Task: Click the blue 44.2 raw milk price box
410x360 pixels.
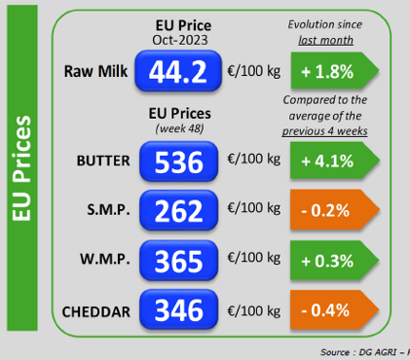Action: coord(178,71)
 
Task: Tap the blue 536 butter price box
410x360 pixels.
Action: coord(179,162)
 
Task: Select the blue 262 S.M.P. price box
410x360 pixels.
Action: coord(179,210)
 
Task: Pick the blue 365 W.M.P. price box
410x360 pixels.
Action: coord(179,261)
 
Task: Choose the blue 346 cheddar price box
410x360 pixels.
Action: coord(179,309)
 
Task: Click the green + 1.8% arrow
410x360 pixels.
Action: coord(335,70)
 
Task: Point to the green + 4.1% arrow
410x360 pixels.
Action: coord(335,161)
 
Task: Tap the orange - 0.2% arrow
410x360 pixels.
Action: coord(335,210)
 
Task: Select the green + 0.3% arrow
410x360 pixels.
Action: coord(335,260)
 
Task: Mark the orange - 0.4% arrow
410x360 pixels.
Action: coord(335,309)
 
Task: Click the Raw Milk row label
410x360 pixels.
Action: coord(95,71)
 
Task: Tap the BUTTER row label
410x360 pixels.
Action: coord(103,161)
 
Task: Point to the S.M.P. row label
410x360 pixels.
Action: coord(108,210)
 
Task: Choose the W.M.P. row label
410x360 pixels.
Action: coord(105,259)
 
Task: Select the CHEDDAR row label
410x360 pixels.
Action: coord(96,312)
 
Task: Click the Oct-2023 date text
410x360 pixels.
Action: coord(180,40)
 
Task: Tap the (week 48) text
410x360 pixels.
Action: coord(179,128)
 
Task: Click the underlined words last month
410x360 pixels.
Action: coord(325,41)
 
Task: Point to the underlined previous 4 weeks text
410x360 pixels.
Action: coord(324,131)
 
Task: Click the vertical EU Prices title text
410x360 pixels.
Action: coord(21,168)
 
